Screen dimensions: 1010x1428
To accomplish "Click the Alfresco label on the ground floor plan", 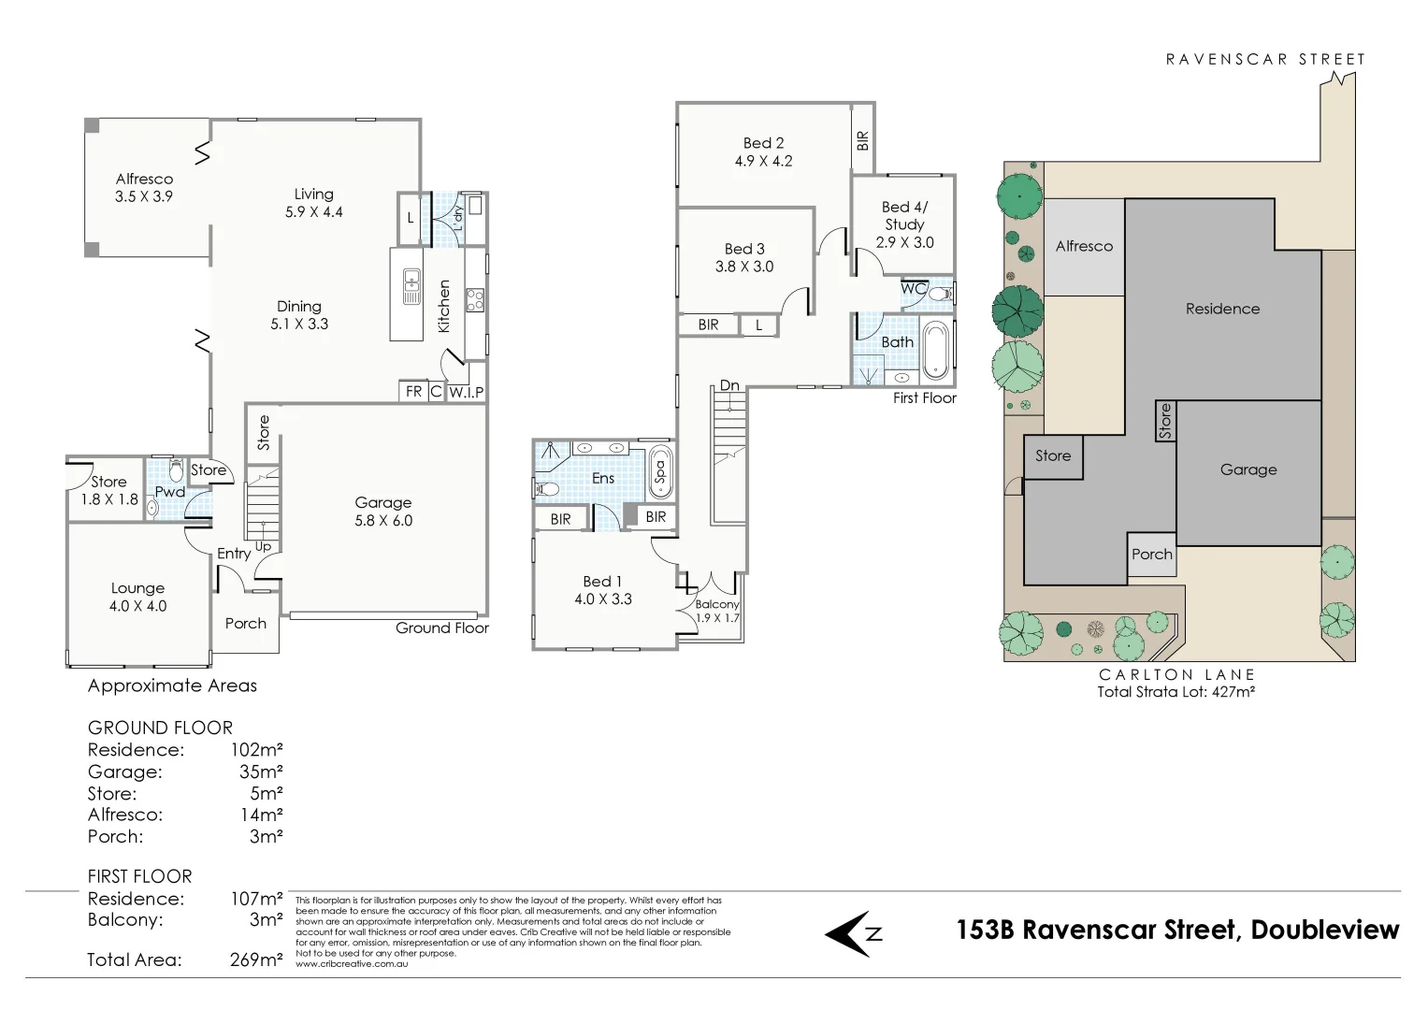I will pos(144,179).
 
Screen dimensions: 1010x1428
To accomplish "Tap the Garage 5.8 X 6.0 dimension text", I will pos(383,521).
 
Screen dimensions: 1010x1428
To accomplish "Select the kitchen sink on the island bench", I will pos(411,286).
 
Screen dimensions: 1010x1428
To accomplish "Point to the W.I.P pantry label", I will pos(466,392).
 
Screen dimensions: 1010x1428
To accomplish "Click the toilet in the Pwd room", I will pos(176,470).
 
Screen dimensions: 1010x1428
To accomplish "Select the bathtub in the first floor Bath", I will pos(934,351).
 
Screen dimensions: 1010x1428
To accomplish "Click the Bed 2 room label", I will pos(763,143).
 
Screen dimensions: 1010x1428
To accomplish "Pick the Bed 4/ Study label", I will pos(904,216).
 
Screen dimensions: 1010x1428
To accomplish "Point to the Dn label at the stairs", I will pos(729,385).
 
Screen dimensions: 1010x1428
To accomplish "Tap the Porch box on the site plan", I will pos(1151,555).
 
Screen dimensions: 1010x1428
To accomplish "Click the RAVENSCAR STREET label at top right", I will pos(1265,59).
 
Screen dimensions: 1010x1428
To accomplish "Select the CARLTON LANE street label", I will pos(1176,674).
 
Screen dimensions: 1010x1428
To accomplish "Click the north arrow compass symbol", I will pos(853,932).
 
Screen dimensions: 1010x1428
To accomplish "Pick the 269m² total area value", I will pos(256,959).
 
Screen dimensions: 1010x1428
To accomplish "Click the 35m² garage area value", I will pos(261,772).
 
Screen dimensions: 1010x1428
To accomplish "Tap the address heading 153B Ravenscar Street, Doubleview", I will pos(1177,930).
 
